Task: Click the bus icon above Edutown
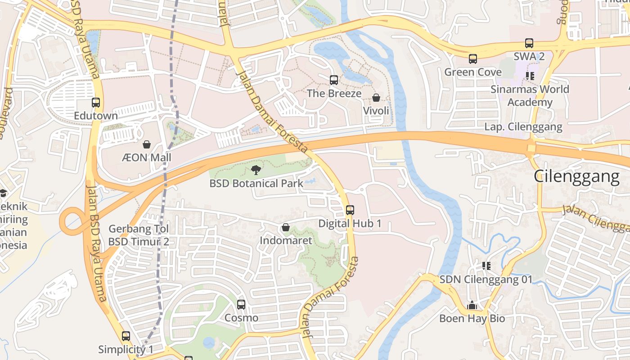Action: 96,103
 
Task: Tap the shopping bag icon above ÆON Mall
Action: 147,144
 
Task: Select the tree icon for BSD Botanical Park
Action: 256,170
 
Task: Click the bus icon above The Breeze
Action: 334,80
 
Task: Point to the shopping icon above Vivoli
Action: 376,98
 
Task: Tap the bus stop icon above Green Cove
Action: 473,59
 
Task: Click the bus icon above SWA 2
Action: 529,44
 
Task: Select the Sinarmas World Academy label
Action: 530,95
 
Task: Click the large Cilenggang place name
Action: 576,176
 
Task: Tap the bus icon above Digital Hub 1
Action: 350,210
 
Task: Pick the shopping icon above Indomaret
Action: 286,228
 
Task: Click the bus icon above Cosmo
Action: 241,305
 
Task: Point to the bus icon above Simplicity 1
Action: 126,336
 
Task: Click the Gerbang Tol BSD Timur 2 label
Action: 139,235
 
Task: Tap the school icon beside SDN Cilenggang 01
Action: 486,266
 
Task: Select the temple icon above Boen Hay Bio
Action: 472,306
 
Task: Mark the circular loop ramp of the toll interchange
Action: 72,222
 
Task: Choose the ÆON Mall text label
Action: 147,157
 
